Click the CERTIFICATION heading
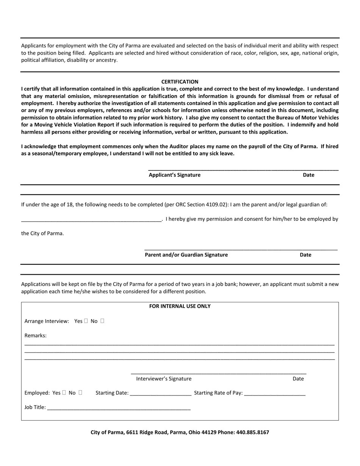[180, 82]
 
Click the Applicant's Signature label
[174, 175]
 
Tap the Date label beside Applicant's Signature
[308, 175]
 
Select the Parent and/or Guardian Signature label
[186, 255]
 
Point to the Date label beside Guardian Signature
[305, 255]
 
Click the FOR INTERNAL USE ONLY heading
[180, 306]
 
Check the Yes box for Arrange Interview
[86, 321]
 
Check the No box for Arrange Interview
[102, 321]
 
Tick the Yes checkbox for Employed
[64, 393]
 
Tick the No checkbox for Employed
[80, 393]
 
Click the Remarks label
[36, 336]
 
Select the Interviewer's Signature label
[164, 379]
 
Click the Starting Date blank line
[160, 394]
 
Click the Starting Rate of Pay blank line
[275, 394]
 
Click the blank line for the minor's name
[91, 219]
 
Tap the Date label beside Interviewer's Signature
[298, 379]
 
